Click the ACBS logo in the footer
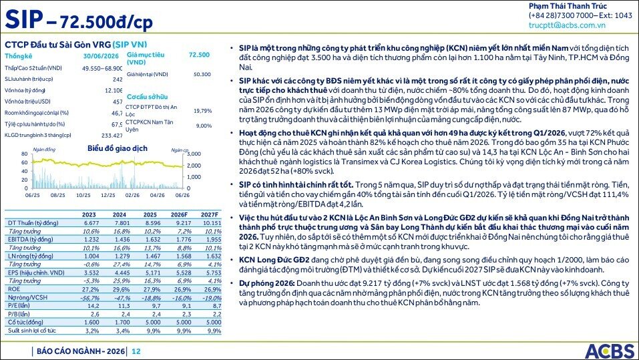[610, 351]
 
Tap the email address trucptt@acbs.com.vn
[567, 25]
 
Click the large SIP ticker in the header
[24, 19]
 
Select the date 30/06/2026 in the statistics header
[101, 56]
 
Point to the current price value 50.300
[202, 74]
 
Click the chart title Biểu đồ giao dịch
[118, 148]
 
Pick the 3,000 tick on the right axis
[194, 154]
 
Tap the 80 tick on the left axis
[25, 154]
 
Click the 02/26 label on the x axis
[132, 195]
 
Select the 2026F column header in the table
[179, 214]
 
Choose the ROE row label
[14, 289]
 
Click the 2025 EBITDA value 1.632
[153, 240]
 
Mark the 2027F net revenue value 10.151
[212, 223]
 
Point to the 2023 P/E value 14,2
[93, 306]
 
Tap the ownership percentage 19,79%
[202, 111]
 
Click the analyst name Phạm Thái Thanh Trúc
[568, 6]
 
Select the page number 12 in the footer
[136, 351]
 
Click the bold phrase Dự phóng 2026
[266, 283]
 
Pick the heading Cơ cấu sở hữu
[147, 97]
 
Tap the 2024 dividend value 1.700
[122, 322]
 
